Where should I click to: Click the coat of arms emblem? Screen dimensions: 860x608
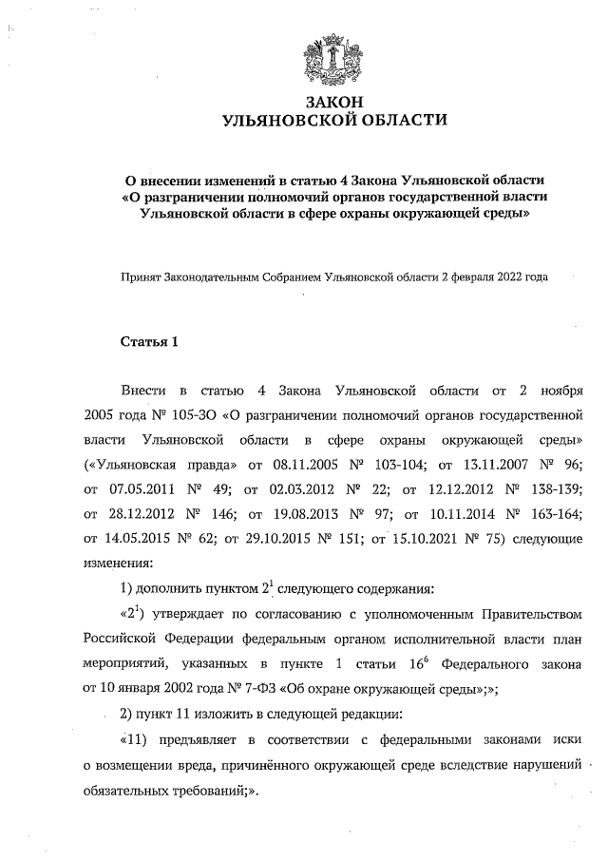point(332,58)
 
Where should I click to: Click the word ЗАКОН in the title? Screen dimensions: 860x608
point(332,102)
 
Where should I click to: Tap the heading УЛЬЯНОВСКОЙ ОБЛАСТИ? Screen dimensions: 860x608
point(332,121)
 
